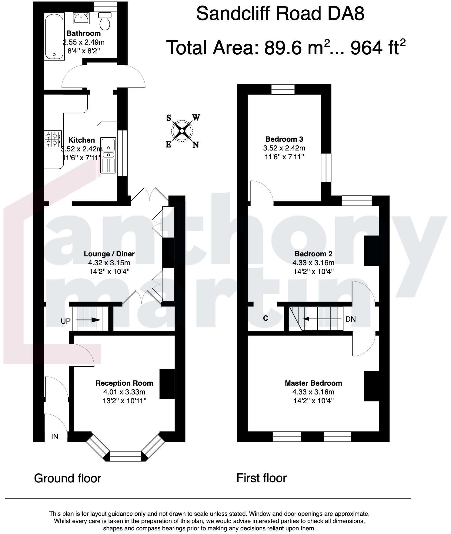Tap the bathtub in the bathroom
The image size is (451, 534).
click(54, 36)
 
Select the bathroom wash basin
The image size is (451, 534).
click(81, 18)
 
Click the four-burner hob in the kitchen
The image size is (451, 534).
click(52, 139)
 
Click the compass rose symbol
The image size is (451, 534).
click(182, 131)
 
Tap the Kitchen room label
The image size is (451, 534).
click(82, 140)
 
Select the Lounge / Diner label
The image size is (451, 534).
click(109, 254)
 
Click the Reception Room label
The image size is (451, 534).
click(124, 383)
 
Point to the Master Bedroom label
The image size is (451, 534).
click(313, 383)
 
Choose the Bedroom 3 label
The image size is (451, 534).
click(284, 139)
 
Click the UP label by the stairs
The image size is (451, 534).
click(66, 321)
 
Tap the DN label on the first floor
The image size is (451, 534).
click(351, 319)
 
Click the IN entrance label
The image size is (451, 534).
click(55, 437)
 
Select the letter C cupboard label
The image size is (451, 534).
click(266, 318)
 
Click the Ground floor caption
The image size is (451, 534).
click(68, 478)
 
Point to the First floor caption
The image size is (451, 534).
click(262, 478)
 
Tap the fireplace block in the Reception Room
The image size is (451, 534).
click(167, 384)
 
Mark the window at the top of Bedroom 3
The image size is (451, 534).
click(283, 89)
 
